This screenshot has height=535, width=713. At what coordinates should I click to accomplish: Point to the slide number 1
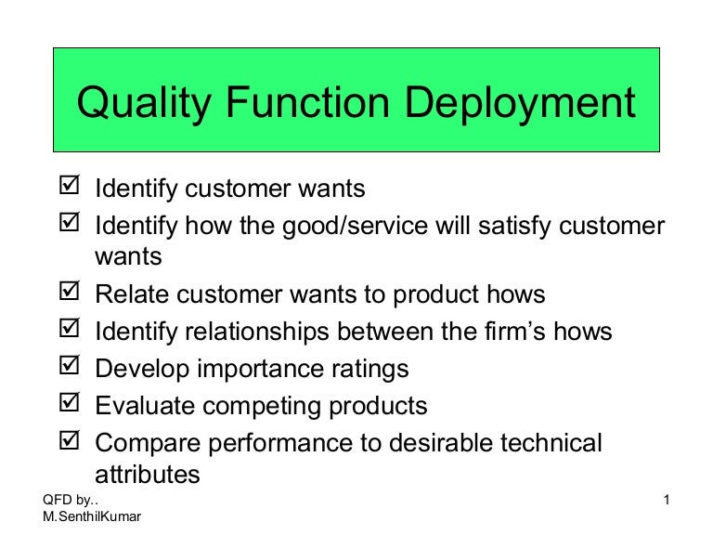[667, 502]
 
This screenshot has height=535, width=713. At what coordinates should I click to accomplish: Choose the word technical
[551, 443]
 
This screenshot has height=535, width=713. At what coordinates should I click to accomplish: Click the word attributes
[147, 475]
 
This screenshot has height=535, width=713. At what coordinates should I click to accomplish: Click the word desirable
[436, 443]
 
